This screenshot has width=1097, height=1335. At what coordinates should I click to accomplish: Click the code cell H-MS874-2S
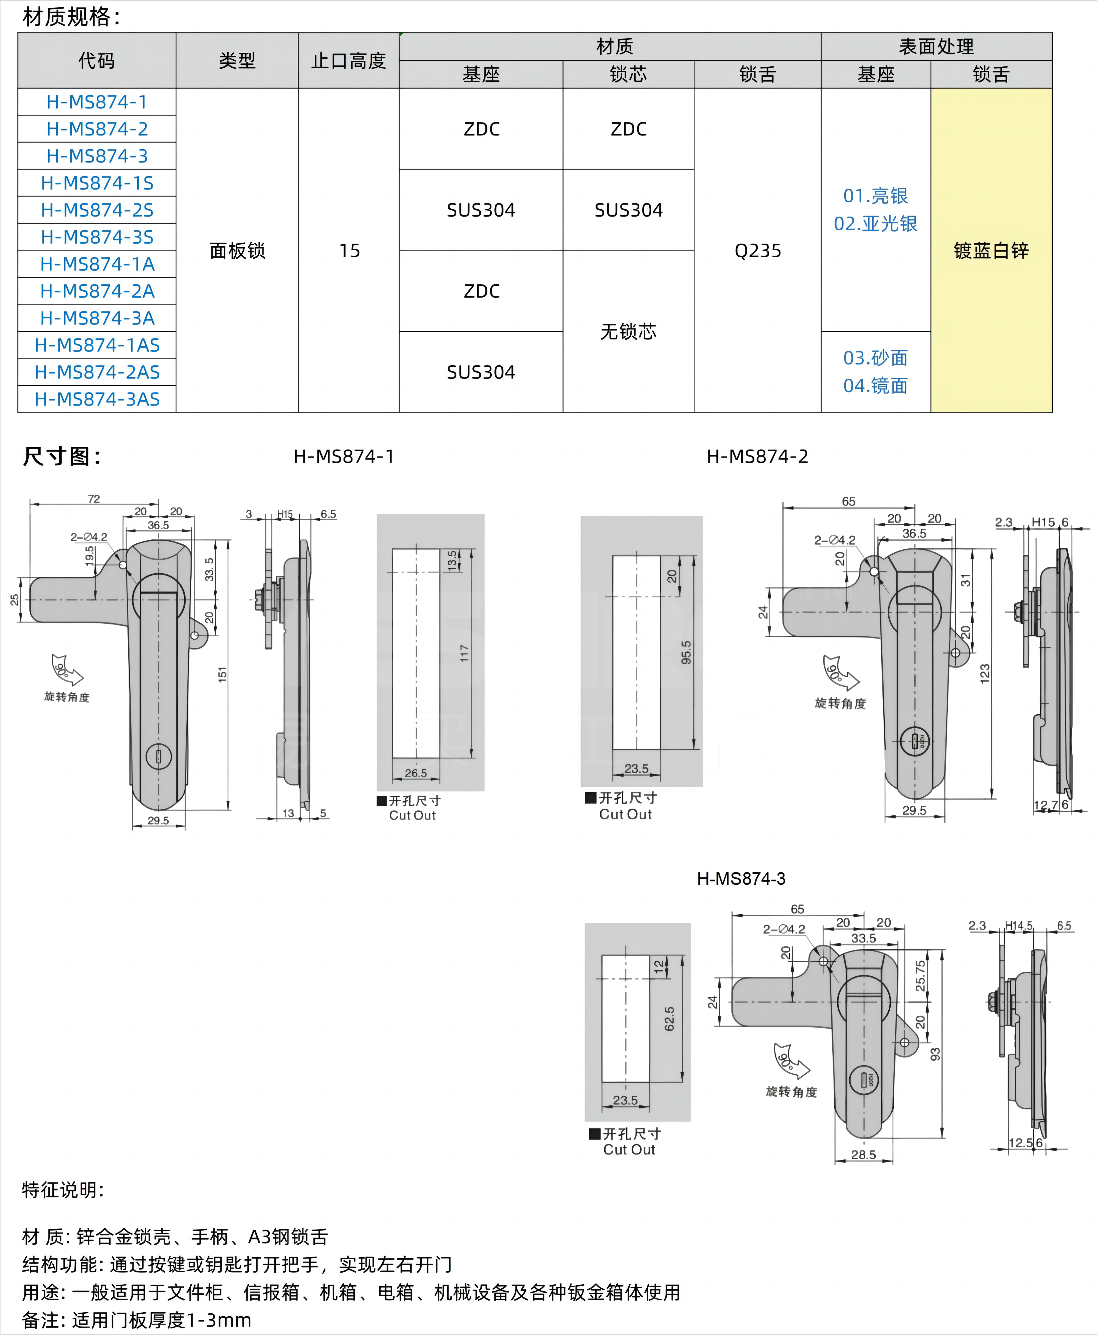(x=97, y=210)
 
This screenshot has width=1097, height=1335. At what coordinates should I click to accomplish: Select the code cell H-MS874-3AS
(x=97, y=399)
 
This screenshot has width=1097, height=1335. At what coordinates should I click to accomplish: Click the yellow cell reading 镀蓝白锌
(x=991, y=251)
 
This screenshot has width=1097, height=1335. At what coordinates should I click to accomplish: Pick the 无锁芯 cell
(x=628, y=332)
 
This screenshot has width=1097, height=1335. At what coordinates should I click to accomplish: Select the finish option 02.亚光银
(x=875, y=224)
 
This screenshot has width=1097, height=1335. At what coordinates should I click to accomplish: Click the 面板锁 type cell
(x=237, y=251)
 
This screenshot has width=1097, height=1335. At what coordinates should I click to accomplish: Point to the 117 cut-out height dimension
(x=464, y=653)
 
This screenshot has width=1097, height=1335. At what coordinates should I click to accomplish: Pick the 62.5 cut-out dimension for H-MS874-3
(x=669, y=1019)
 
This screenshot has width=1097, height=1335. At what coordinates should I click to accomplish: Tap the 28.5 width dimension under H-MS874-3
(x=863, y=1154)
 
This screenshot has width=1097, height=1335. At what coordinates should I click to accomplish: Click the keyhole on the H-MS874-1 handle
(x=159, y=756)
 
